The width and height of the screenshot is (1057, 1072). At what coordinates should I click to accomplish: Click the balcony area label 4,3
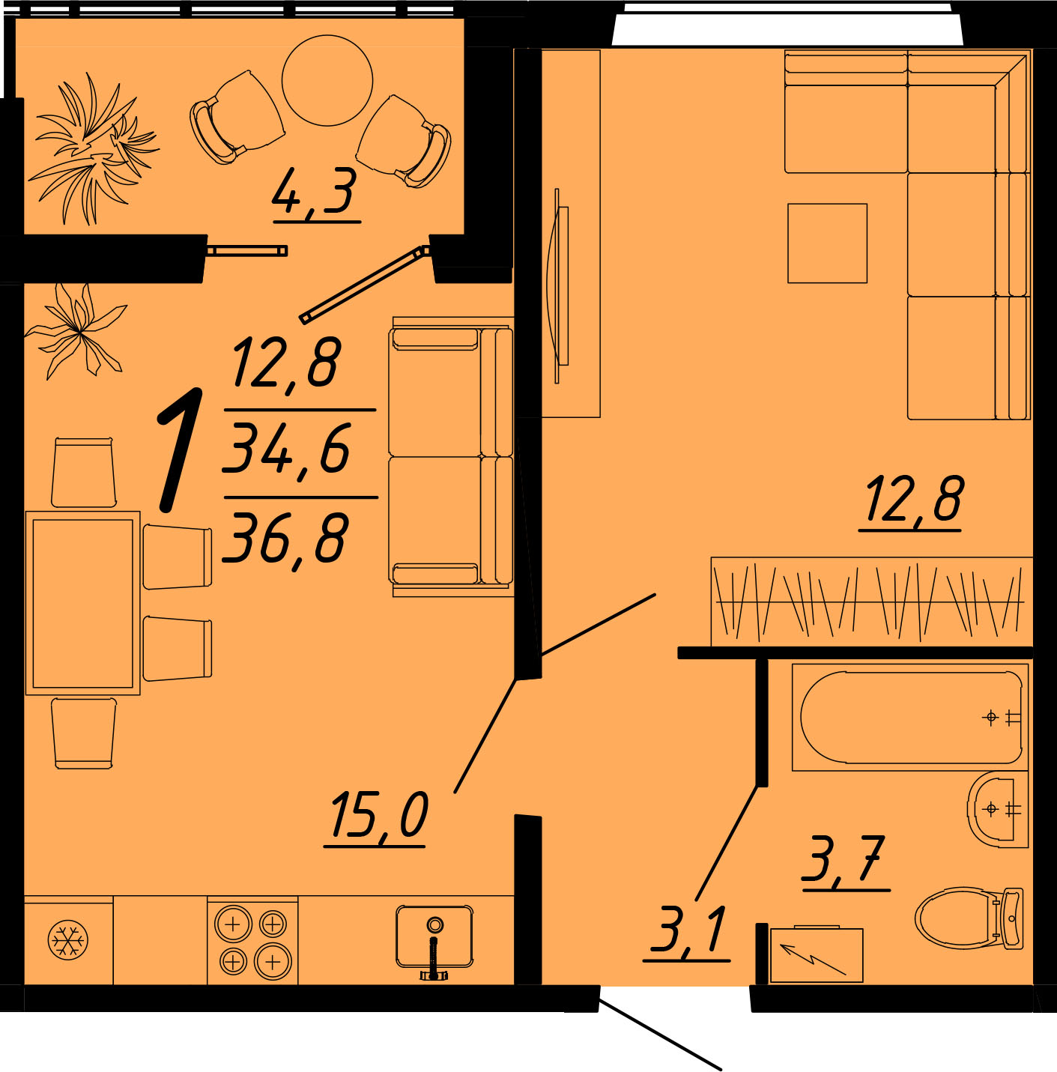click(315, 191)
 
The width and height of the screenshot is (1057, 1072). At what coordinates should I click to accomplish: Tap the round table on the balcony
click(327, 80)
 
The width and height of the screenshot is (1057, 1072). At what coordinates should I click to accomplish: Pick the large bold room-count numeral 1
click(180, 449)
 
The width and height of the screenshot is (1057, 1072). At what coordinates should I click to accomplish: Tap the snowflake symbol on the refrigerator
click(68, 940)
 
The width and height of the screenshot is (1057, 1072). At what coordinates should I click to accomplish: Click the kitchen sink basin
click(434, 936)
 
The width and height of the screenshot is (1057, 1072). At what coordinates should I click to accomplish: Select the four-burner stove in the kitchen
click(252, 940)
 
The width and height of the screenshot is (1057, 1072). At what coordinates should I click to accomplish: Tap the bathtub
click(910, 717)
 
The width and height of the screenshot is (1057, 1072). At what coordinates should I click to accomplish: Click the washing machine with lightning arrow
click(817, 954)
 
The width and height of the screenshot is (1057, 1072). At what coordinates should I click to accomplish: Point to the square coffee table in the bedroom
click(827, 243)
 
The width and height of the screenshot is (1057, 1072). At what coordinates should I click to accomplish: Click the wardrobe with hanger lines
click(872, 602)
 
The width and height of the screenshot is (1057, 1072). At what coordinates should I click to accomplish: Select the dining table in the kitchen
click(83, 603)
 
